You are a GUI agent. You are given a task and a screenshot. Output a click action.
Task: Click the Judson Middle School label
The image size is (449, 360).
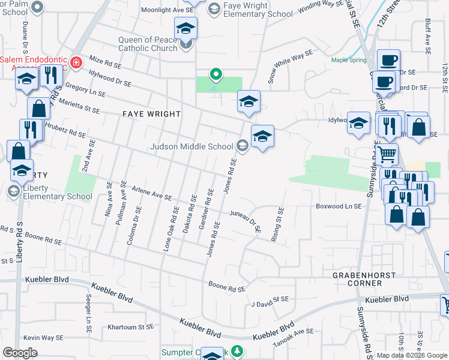191,146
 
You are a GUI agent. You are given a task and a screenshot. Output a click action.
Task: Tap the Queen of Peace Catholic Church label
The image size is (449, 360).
148,44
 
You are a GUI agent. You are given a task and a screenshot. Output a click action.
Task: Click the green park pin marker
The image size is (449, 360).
216,74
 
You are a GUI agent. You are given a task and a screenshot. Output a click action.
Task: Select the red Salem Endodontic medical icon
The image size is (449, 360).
76,62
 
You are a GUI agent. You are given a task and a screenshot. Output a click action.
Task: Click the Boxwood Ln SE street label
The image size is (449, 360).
339,206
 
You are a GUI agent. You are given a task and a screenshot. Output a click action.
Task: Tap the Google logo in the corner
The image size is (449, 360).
20,353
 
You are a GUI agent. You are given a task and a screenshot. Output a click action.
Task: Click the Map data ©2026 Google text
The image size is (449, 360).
412,355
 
